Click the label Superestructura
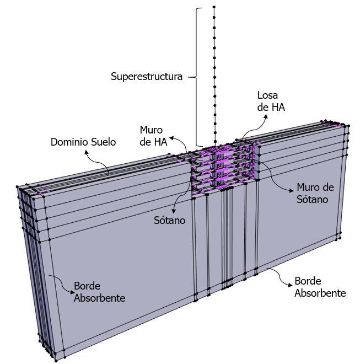146,77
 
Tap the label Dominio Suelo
83,142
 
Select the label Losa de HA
271,101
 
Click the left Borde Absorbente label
100,293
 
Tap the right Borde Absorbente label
320,287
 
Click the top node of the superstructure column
214,7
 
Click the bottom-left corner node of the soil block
56,358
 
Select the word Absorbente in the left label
100,298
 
